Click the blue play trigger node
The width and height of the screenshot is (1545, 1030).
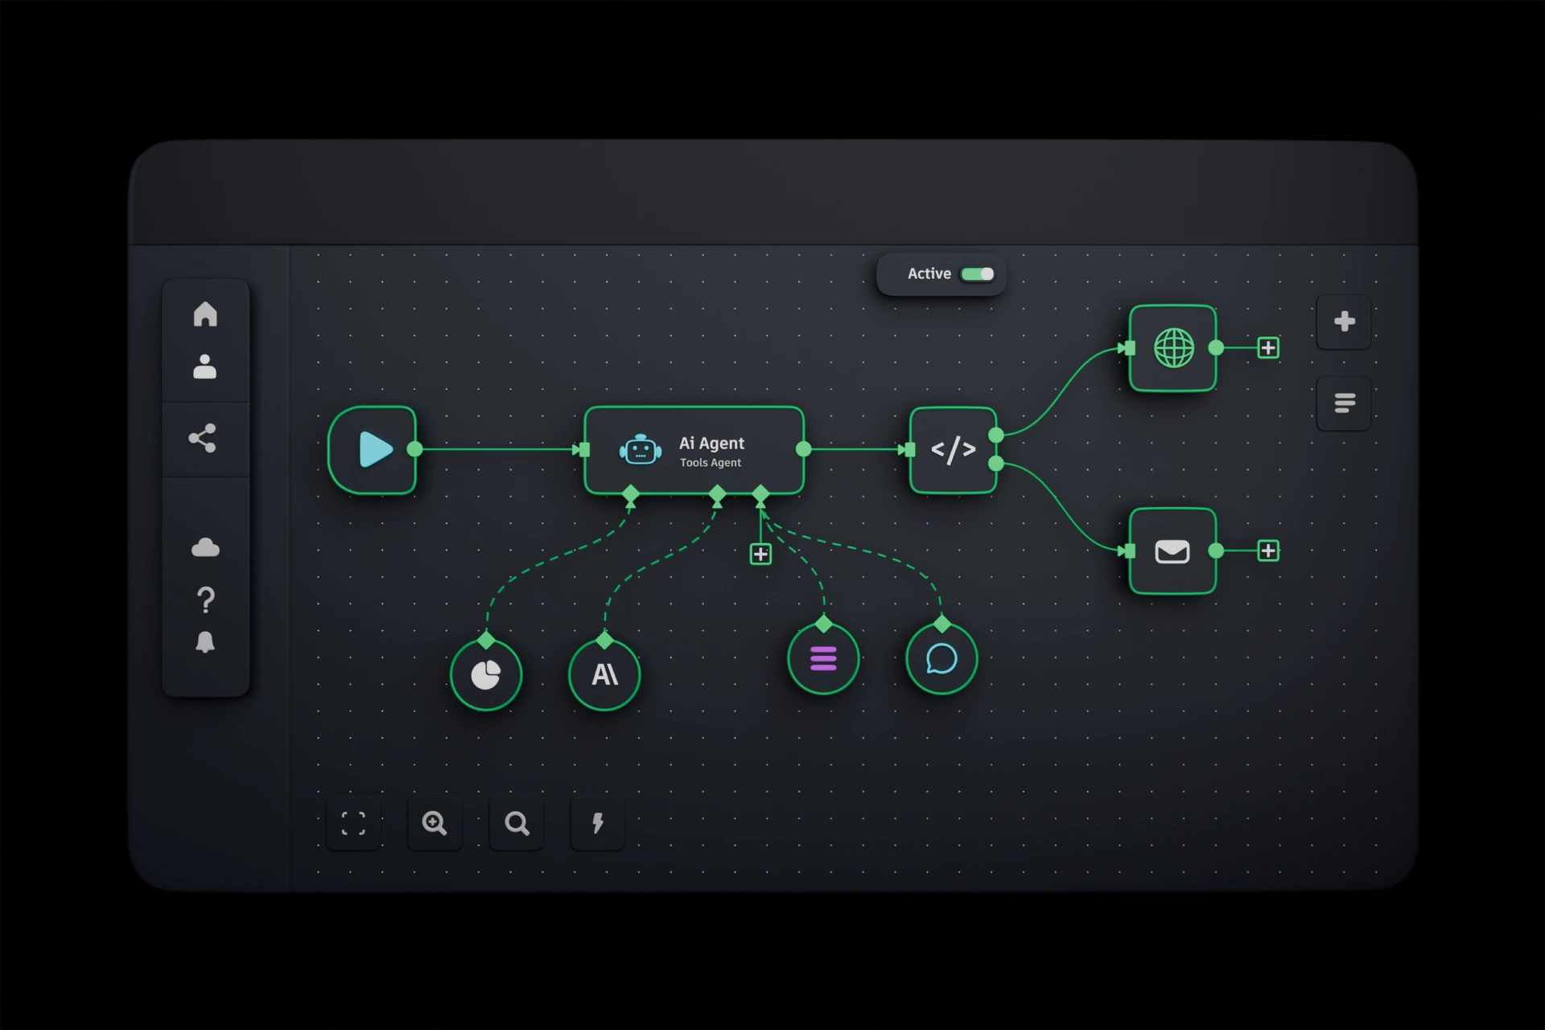pyautogui.click(x=373, y=450)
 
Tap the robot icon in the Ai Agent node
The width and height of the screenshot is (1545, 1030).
pyautogui.click(x=641, y=450)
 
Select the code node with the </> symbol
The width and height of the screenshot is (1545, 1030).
pyautogui.click(x=954, y=450)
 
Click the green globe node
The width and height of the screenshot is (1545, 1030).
pyautogui.click(x=1173, y=348)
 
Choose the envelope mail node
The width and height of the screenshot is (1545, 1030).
pyautogui.click(x=1173, y=551)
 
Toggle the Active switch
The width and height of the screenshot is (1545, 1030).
pyautogui.click(x=978, y=274)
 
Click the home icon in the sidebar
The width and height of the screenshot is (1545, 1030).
pyautogui.click(x=205, y=314)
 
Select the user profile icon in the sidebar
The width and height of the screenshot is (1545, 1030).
pyautogui.click(x=205, y=366)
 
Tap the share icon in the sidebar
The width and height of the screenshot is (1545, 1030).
pyautogui.click(x=202, y=439)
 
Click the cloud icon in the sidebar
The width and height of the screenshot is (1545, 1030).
pyautogui.click(x=205, y=548)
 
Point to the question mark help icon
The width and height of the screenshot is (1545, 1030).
pyautogui.click(x=205, y=600)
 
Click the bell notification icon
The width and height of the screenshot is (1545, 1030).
pyautogui.click(x=205, y=642)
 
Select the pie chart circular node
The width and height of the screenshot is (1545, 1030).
pyautogui.click(x=486, y=675)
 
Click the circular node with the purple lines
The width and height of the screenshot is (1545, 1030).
pyautogui.click(x=823, y=659)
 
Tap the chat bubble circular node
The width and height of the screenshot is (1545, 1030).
pyautogui.click(x=941, y=659)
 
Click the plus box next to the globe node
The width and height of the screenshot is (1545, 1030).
pyautogui.click(x=1268, y=348)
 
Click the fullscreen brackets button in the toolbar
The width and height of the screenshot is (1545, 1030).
pyautogui.click(x=354, y=823)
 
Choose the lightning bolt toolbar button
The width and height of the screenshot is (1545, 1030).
pyautogui.click(x=598, y=823)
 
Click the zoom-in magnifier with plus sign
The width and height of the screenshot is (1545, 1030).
pyautogui.click(x=435, y=823)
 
